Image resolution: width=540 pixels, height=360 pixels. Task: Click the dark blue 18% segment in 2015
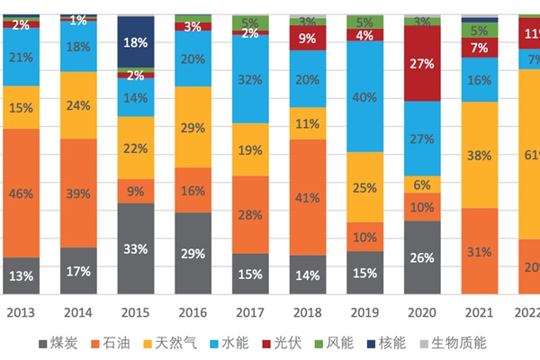tap(136, 41)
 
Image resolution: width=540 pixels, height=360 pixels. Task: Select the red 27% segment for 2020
tap(422, 64)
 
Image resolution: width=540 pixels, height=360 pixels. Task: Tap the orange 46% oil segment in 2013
tap(21, 193)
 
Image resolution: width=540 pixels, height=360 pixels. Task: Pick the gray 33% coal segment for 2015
tap(136, 248)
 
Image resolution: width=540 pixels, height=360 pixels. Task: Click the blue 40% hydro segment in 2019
tap(365, 96)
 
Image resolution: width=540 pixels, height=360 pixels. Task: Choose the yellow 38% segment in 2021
tap(480, 155)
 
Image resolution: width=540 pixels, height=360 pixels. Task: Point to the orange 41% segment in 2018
tap(308, 197)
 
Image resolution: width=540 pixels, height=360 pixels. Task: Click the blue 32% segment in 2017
tap(250, 78)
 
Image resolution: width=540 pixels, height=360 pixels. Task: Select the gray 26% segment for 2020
tap(422, 257)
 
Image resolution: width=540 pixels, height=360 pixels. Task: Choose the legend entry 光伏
tap(286, 343)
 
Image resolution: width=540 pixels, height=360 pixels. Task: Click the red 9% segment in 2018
tap(308, 39)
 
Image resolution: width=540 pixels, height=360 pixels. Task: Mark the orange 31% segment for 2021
tap(480, 251)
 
